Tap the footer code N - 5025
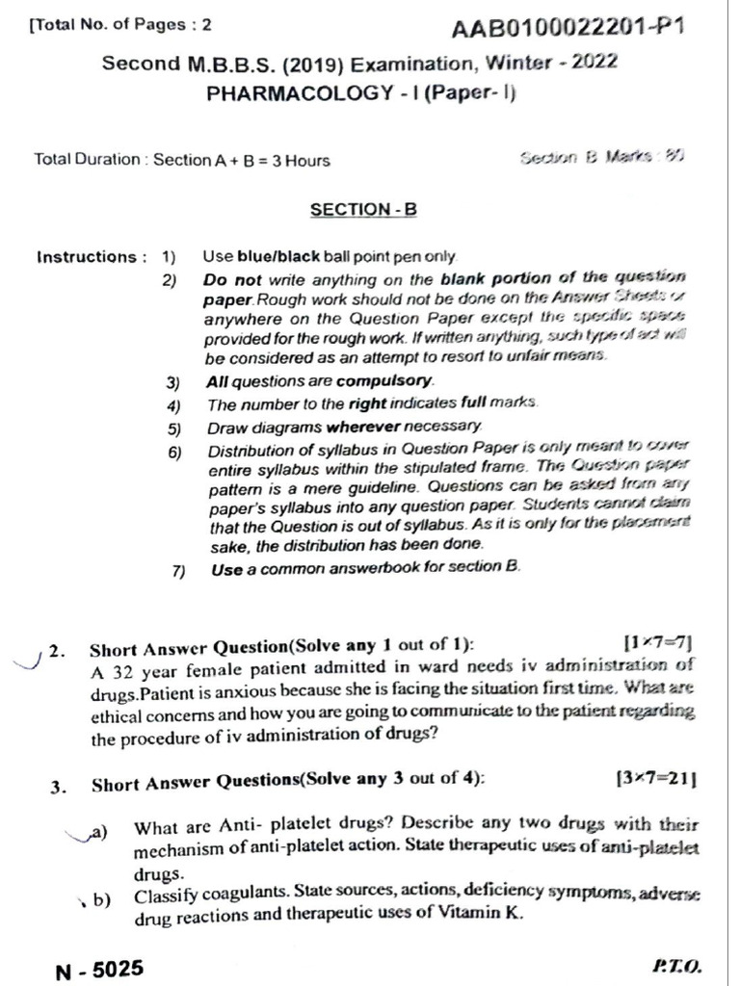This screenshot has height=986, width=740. point(100,967)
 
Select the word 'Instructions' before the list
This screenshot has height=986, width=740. point(86,257)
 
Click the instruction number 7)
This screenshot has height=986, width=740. point(178,570)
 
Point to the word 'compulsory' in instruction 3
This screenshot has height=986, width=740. point(390,381)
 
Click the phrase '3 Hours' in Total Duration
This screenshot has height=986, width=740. point(301,160)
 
